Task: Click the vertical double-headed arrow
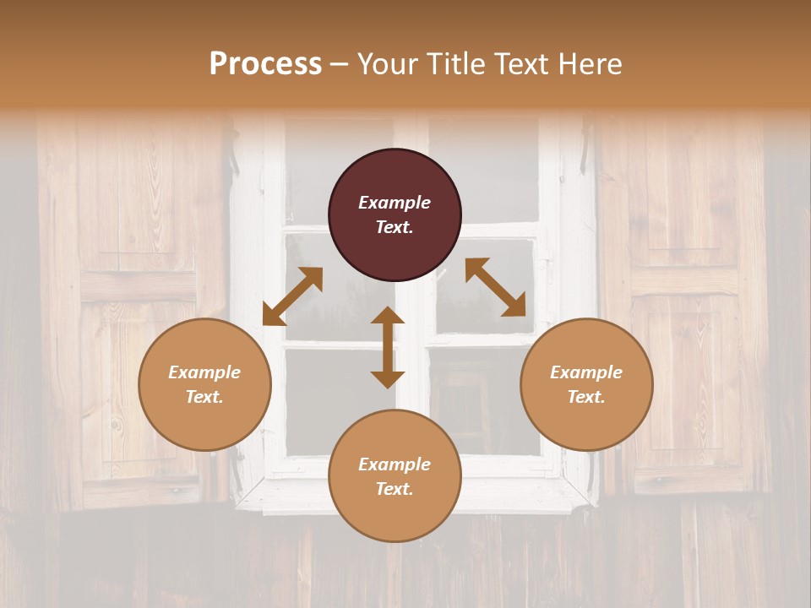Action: pos(388,347)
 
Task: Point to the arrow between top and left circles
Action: pos(292,296)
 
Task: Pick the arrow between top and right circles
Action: pos(495,287)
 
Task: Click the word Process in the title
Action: pos(265,63)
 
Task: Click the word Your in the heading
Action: pos(388,63)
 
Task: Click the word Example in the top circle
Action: pos(395,203)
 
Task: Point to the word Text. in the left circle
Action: pos(204,397)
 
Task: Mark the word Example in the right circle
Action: pos(586,372)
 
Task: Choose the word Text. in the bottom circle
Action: pos(395,489)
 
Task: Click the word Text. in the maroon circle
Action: pos(395,227)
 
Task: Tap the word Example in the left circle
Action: pos(204,372)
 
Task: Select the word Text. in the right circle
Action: pos(586,397)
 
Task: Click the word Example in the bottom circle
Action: pos(395,464)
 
